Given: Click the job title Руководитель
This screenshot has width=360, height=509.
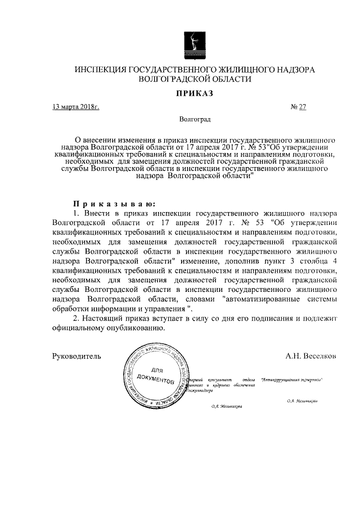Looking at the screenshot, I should tap(76, 356).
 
